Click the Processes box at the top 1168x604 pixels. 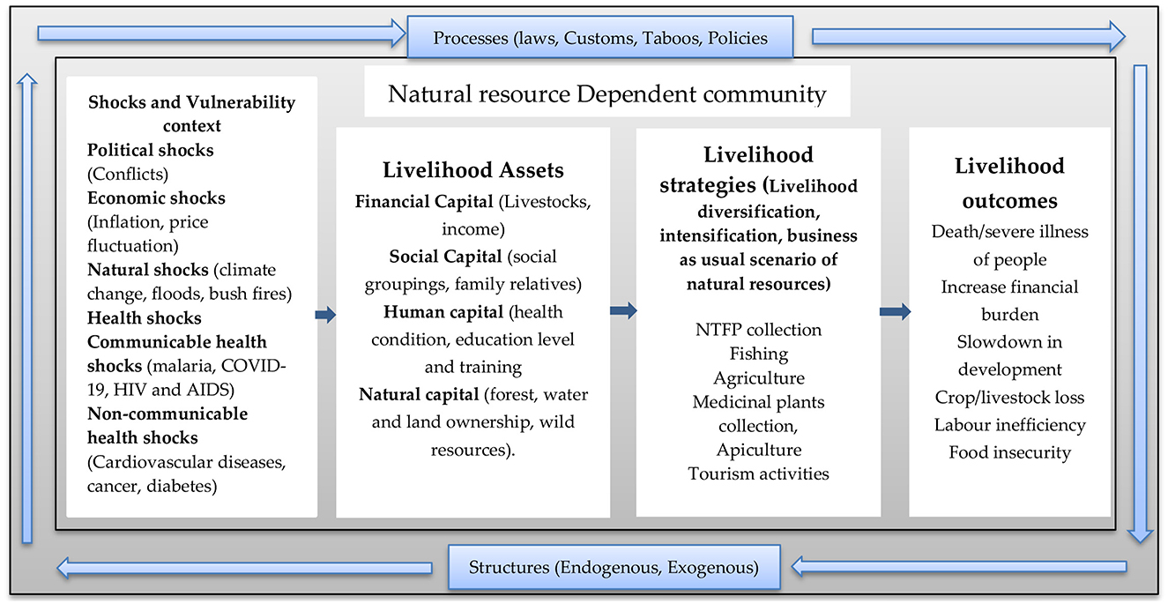coord(600,38)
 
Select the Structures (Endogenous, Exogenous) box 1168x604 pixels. coord(614,567)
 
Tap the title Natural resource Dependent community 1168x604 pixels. coord(607,93)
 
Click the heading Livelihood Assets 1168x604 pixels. coord(472,170)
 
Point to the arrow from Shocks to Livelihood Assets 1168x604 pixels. coord(326,315)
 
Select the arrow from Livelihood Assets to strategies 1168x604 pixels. coord(623,309)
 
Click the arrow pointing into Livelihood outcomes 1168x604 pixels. coord(895,310)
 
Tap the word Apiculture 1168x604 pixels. coord(758,450)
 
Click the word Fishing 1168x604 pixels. coord(758,354)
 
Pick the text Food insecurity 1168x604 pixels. coord(1009,452)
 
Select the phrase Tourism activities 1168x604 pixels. coord(758,474)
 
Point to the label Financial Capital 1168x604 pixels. coord(424,202)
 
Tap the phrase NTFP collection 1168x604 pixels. coord(758,330)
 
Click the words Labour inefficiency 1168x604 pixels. coord(1009,425)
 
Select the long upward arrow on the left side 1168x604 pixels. coord(27,309)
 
